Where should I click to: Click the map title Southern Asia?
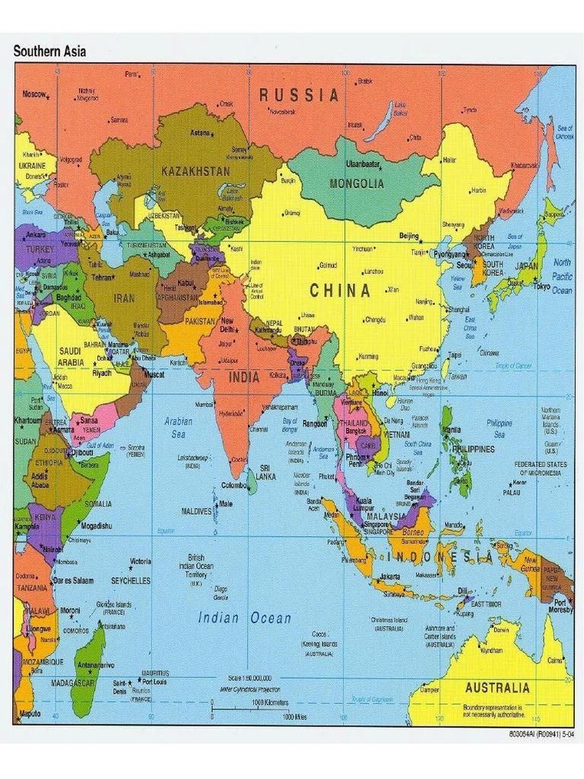tap(50, 52)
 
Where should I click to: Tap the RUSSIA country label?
tap(299, 95)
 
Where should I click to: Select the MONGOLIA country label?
tap(357, 183)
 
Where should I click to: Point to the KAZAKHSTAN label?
tap(195, 172)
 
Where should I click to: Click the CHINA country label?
tap(340, 291)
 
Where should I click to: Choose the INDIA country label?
tap(244, 377)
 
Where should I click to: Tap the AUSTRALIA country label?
tap(497, 688)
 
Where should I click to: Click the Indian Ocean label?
tap(245, 618)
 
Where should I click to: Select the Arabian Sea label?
tap(178, 428)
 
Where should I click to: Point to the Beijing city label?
tap(409, 236)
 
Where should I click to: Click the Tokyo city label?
tap(541, 287)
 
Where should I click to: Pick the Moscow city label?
tap(34, 94)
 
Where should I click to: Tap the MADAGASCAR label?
tap(73, 682)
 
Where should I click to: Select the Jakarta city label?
tap(389, 576)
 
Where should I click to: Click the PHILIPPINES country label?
tap(473, 449)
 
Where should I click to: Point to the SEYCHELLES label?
tap(131, 580)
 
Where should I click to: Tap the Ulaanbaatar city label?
tap(363, 164)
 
